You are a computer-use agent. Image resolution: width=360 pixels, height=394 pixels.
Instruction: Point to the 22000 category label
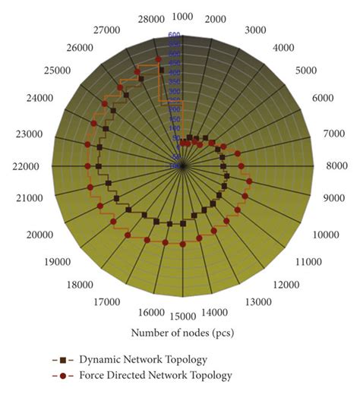tap(25, 166)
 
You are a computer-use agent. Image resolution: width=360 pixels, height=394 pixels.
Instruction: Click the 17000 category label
tap(111, 302)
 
